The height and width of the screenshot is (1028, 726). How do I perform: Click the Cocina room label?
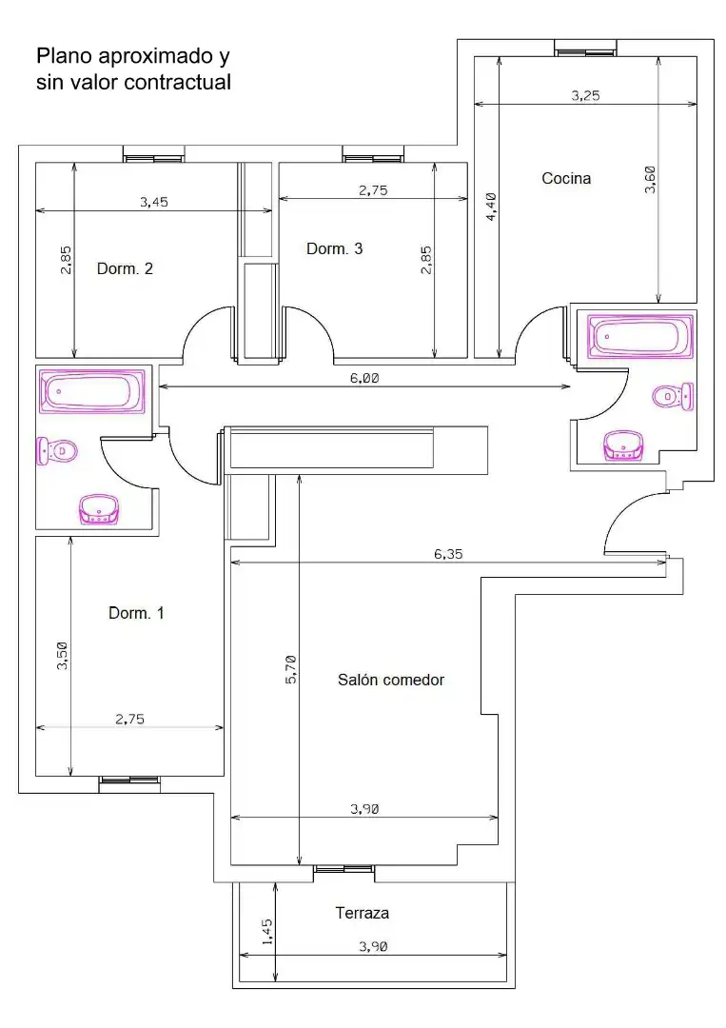[566, 178]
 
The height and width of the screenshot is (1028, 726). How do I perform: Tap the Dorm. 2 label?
[125, 268]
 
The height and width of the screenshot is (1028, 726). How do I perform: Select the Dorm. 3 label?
[334, 248]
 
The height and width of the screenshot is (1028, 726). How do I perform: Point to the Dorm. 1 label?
[136, 613]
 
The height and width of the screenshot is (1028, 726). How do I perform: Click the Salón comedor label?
[390, 680]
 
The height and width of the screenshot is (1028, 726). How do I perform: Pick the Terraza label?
[363, 913]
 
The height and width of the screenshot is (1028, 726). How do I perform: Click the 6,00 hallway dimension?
[364, 378]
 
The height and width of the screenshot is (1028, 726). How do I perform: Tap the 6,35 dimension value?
[448, 554]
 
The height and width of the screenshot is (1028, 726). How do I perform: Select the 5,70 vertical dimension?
[291, 669]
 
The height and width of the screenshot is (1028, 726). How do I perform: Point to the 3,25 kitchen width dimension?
[585, 96]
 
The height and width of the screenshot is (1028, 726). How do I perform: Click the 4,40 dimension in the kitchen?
[491, 207]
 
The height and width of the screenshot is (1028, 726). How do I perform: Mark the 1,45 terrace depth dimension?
[266, 932]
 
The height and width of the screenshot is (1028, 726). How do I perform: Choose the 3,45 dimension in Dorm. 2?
[153, 202]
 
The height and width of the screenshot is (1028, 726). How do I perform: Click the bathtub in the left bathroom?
[91, 391]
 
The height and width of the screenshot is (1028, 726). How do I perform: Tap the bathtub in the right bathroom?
[640, 337]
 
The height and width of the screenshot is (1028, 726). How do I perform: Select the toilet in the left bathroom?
[57, 451]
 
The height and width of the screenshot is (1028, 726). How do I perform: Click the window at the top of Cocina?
[585, 48]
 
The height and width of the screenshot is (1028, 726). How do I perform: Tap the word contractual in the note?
[177, 82]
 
